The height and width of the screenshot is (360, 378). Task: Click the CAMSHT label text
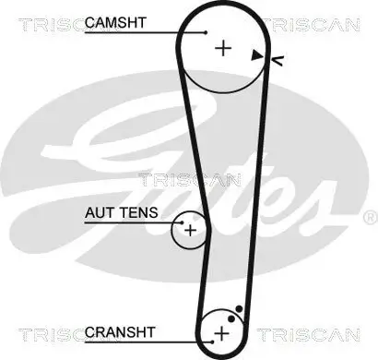click(x=115, y=21)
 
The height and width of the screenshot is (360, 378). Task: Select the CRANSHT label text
click(x=115, y=330)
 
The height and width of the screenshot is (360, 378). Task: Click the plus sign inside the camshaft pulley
click(x=221, y=47)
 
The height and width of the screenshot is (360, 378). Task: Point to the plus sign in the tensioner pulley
click(x=190, y=230)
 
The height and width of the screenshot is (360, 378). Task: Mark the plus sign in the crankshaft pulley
click(x=221, y=331)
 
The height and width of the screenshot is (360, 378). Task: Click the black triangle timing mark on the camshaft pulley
click(x=255, y=55)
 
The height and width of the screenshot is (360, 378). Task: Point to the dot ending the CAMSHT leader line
click(x=207, y=32)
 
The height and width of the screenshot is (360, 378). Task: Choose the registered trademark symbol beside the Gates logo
click(x=370, y=217)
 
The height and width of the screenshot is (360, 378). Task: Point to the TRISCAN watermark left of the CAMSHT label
click(x=41, y=22)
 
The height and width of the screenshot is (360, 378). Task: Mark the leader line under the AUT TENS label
click(x=129, y=222)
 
